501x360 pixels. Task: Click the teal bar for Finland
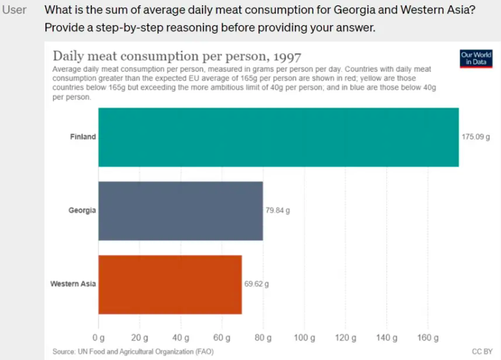point(278,137)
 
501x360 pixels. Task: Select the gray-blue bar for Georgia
point(180,211)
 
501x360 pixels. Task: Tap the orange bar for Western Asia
point(170,284)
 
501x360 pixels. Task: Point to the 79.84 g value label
point(278,211)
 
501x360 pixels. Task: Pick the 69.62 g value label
point(257,284)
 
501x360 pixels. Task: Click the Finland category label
point(83,137)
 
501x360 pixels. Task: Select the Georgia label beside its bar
point(82,211)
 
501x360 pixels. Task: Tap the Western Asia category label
point(73,284)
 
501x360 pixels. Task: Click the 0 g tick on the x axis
point(98,338)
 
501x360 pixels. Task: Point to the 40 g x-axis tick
point(180,338)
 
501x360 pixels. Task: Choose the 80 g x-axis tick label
point(263,338)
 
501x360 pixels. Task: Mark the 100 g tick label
point(304,338)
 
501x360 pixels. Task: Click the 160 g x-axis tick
point(428,338)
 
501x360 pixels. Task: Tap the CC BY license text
point(482,352)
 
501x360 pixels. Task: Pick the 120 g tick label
point(346,338)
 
